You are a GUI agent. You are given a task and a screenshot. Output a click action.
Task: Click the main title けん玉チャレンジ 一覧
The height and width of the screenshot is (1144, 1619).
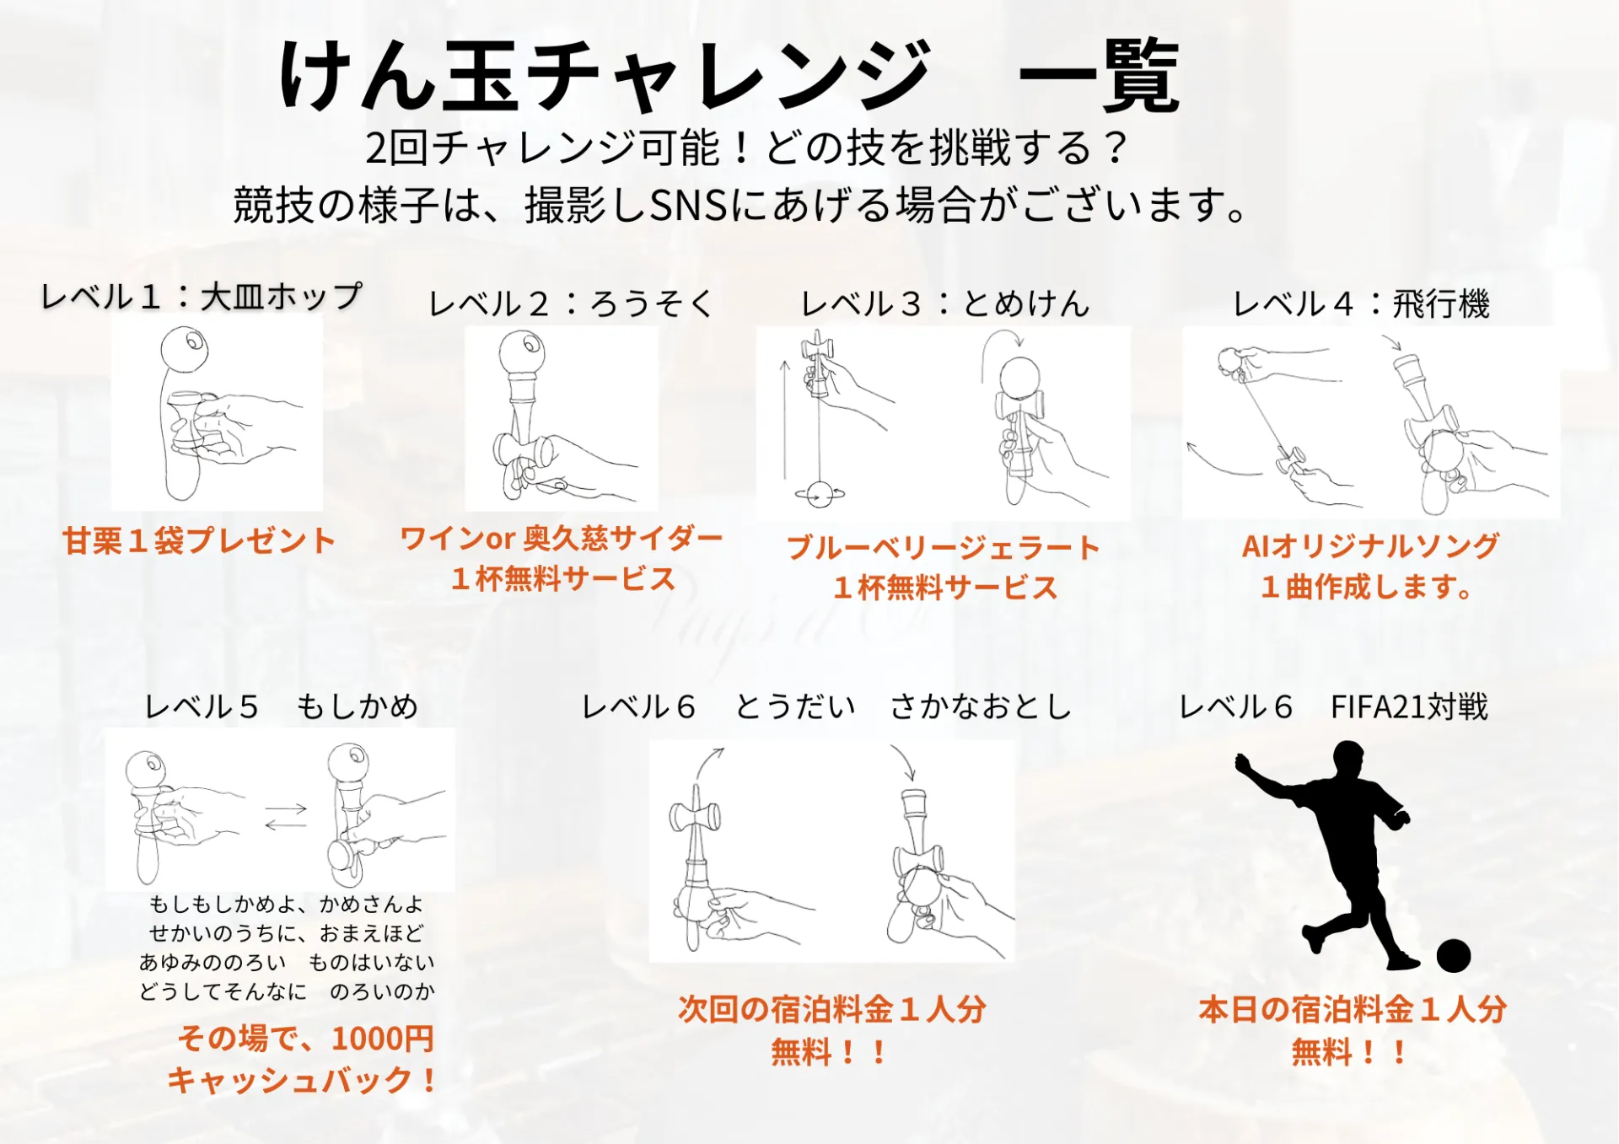point(730,76)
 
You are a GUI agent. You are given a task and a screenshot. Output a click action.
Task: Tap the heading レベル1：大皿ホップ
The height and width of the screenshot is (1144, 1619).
point(202,296)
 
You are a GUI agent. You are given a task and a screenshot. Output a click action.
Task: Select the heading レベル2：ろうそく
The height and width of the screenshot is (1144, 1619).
point(571,303)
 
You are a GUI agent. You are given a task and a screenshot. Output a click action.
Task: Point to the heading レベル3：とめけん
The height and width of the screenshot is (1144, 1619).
point(945,303)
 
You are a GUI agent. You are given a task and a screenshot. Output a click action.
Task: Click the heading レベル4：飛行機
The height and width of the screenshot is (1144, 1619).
point(1361,303)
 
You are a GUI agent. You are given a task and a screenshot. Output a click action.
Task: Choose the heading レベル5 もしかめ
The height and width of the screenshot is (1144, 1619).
point(281,706)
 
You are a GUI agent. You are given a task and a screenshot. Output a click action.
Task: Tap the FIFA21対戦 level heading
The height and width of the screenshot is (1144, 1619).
point(1333,706)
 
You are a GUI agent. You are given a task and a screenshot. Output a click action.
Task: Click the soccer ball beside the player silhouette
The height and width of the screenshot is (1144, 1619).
point(1453,956)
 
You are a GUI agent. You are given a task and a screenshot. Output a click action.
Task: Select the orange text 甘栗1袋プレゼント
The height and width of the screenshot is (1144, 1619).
point(199,540)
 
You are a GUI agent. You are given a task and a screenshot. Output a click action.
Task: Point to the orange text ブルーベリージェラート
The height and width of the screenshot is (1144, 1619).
point(944,547)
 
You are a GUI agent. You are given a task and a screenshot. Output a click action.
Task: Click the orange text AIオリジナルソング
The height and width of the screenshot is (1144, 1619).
point(1370,545)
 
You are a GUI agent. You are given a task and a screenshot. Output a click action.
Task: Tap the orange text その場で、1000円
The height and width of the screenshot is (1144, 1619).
point(305,1038)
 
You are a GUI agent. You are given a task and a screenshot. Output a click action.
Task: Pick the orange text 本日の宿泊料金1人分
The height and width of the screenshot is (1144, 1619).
point(1353,1009)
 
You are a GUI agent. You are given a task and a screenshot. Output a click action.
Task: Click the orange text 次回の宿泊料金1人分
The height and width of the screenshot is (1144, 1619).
point(832,1009)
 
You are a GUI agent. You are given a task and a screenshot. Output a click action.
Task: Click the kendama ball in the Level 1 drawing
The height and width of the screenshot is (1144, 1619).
point(184,349)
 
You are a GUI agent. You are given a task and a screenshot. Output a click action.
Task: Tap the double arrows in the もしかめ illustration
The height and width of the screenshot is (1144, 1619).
point(286,816)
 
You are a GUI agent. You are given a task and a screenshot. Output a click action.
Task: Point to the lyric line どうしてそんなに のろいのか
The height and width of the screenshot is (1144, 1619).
point(287,991)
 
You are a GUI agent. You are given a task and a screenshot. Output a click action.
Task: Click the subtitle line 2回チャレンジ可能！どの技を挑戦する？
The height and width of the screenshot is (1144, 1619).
point(746,148)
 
